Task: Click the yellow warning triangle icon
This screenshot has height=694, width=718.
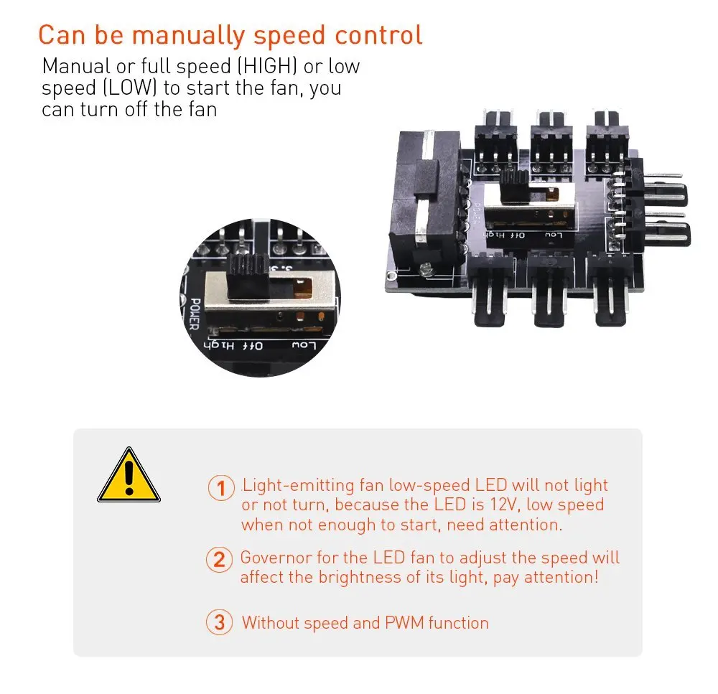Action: tap(129, 475)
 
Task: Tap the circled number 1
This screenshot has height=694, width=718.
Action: tap(221, 488)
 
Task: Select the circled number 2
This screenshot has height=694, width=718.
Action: tap(219, 560)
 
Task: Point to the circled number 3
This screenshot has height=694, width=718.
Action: tap(219, 622)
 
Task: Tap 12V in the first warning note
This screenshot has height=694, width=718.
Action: tap(505, 505)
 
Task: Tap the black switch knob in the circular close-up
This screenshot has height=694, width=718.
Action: tap(248, 276)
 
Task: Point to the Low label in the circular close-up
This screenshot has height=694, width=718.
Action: tap(304, 344)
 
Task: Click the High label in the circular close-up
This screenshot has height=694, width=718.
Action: tap(219, 345)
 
